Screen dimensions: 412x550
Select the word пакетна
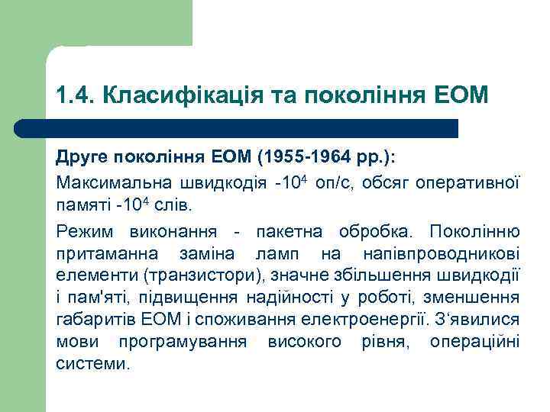pos(288,230)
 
